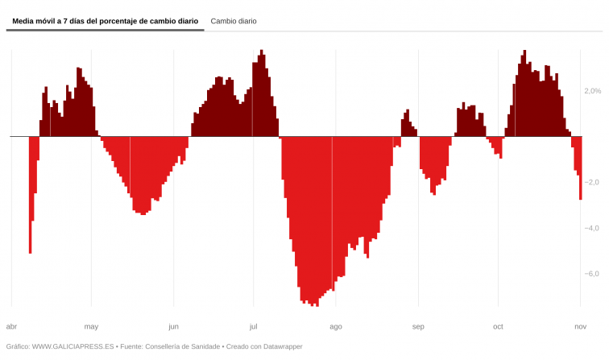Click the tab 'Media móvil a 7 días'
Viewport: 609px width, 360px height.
click(x=105, y=21)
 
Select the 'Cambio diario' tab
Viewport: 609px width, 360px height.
click(x=234, y=21)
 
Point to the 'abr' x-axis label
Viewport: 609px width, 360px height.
click(x=11, y=326)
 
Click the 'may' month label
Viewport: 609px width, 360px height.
click(x=91, y=326)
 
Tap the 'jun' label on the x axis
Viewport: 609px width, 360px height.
click(x=173, y=326)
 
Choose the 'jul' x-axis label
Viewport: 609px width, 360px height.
click(x=253, y=326)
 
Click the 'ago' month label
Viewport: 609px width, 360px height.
click(x=336, y=326)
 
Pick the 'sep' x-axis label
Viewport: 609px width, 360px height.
click(x=418, y=326)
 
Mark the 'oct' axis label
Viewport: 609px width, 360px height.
click(x=498, y=326)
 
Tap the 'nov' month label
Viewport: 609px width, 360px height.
click(x=580, y=326)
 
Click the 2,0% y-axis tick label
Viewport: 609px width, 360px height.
click(x=592, y=92)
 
